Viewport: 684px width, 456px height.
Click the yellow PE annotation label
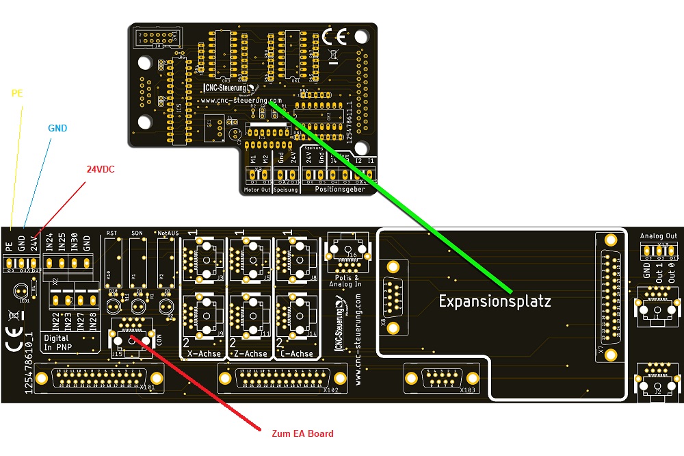coord(18,93)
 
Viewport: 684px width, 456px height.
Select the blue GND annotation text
coord(57,128)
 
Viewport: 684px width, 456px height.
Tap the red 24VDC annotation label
coord(101,169)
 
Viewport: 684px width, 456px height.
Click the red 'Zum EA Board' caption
coord(302,433)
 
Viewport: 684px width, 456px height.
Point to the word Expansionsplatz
coord(495,301)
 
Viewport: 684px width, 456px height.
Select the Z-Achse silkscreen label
coord(250,353)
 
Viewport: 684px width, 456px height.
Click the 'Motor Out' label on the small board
coord(257,189)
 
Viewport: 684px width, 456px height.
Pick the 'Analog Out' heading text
coord(659,236)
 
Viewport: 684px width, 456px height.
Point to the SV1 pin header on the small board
coord(157,36)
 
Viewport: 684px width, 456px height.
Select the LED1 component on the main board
coord(25,292)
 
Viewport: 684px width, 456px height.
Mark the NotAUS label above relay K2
coord(168,233)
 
